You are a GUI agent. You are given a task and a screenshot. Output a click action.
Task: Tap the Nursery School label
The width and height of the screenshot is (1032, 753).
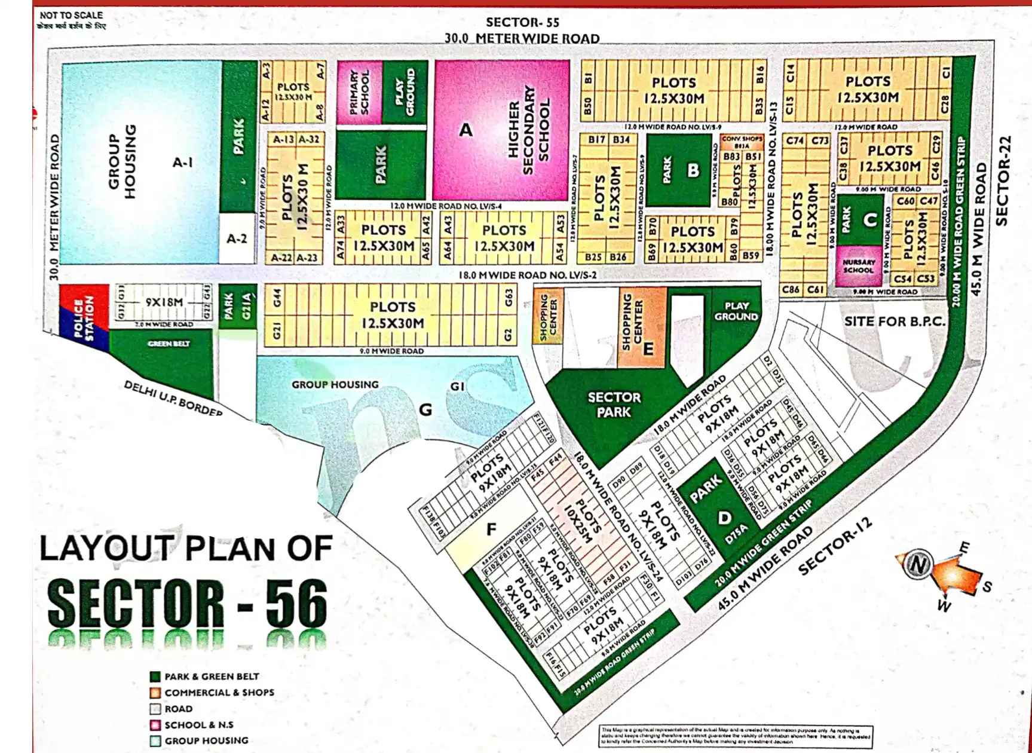click(x=859, y=266)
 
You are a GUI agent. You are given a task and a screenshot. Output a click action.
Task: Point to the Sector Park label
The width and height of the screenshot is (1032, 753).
click(x=614, y=405)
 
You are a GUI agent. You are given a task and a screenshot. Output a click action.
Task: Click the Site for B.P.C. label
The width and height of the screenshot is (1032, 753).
click(x=895, y=322)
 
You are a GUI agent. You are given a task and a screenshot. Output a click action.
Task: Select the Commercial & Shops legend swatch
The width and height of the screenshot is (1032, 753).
click(x=155, y=693)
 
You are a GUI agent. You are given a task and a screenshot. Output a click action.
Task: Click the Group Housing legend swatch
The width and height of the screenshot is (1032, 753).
click(x=155, y=741)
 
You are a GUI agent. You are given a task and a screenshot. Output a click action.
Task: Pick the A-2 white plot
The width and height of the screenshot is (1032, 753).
click(x=237, y=238)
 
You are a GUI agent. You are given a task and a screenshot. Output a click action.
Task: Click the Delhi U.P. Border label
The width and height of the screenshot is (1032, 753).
click(x=173, y=399)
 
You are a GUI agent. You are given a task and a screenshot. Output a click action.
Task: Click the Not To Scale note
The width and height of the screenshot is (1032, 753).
click(x=71, y=15)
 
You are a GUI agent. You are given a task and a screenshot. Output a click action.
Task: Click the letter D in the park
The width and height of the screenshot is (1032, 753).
click(x=724, y=518)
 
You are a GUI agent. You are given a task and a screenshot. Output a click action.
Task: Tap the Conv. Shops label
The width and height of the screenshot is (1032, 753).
click(x=742, y=139)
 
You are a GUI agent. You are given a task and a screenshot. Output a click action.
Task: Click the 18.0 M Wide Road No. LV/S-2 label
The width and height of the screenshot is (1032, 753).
click(x=527, y=276)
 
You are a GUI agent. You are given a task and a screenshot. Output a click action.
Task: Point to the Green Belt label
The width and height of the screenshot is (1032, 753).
click(x=169, y=344)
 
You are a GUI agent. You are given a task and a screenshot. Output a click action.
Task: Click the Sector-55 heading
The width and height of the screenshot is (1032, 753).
click(x=522, y=23)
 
